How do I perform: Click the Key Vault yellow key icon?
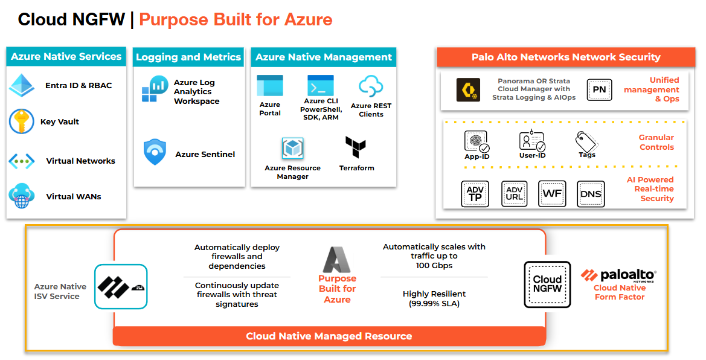click(x=21, y=121)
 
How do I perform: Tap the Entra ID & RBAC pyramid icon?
click(x=22, y=86)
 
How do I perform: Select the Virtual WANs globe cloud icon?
click(x=22, y=196)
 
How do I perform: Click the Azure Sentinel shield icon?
click(x=155, y=152)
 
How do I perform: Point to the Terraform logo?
click(x=356, y=147)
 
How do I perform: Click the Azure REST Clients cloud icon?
click(x=371, y=86)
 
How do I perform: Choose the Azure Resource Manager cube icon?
click(x=292, y=149)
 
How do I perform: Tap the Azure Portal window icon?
click(x=269, y=86)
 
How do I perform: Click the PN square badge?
click(x=599, y=90)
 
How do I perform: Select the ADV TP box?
click(x=475, y=194)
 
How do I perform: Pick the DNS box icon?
click(x=590, y=194)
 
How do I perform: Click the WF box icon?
click(x=552, y=194)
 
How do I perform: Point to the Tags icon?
click(x=586, y=141)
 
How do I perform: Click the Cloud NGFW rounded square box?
click(x=547, y=284)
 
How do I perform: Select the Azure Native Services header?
click(x=66, y=57)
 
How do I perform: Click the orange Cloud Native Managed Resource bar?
click(x=329, y=336)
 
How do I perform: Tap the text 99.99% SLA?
click(x=434, y=303)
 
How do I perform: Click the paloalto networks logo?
click(x=618, y=275)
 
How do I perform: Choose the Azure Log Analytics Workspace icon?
click(x=155, y=89)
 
